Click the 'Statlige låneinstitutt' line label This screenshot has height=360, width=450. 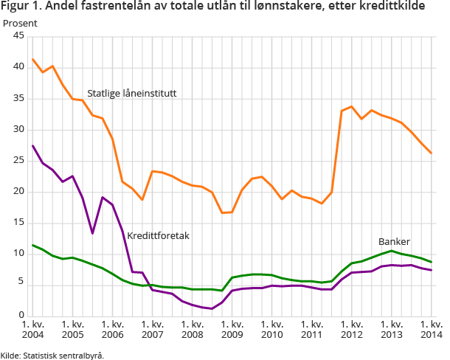click(x=131, y=94)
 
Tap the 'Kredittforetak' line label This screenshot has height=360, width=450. click(x=159, y=236)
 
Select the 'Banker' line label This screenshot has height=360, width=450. click(x=394, y=241)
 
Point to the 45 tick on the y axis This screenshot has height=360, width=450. click(x=19, y=36)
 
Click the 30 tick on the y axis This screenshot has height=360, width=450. click(x=19, y=129)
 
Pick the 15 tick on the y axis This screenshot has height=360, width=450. click(x=19, y=222)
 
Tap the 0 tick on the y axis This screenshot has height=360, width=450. click(x=22, y=315)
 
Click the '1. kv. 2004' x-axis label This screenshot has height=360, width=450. click(x=32, y=329)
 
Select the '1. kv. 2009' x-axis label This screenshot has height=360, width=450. click(x=232, y=329)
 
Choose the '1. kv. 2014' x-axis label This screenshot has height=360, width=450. click(x=431, y=329)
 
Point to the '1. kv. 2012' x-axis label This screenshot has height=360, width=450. click(x=351, y=329)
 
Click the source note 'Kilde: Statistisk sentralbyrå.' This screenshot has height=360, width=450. click(x=52, y=355)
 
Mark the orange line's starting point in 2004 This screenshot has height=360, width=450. click(x=32, y=59)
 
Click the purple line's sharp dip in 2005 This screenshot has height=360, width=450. click(x=92, y=233)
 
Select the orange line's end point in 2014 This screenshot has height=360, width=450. click(x=431, y=153)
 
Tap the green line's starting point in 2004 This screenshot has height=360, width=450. click(x=32, y=244)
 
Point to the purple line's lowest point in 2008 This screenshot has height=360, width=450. click(x=212, y=308)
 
